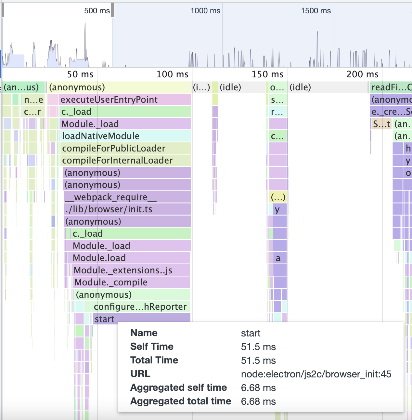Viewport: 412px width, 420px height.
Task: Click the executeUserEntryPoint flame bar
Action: point(125,99)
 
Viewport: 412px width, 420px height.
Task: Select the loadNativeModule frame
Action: point(126,136)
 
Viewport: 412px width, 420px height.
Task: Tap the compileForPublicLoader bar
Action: point(126,148)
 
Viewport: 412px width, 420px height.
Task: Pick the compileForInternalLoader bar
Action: point(126,161)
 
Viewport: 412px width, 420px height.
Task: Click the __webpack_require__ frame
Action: point(127,197)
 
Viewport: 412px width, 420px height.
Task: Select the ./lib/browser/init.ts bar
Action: point(127,209)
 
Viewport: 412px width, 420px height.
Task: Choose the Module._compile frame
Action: point(131,282)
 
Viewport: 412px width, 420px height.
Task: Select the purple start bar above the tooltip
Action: point(141,319)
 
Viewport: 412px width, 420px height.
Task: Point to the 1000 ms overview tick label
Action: point(205,11)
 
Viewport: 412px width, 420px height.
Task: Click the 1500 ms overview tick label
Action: point(316,11)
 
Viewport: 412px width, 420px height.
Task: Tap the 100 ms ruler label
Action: point(173,74)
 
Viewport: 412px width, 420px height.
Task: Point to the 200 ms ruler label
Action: point(362,74)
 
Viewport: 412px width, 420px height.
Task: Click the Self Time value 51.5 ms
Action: point(258,347)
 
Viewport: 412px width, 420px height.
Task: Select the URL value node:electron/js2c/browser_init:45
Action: point(316,374)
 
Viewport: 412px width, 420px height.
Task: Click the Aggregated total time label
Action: point(181,401)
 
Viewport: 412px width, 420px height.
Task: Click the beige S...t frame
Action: point(381,124)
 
